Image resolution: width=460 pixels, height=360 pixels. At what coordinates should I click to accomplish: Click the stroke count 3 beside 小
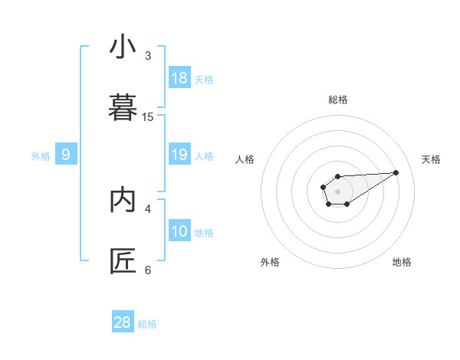[x=148, y=56]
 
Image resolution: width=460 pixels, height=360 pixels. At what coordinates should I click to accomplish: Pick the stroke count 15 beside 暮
[x=148, y=117]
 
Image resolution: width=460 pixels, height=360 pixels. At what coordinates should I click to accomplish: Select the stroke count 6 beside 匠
[x=148, y=270]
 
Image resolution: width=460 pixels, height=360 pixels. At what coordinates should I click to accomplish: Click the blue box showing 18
[x=179, y=78]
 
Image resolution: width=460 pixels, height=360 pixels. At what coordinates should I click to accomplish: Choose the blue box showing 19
[x=179, y=155]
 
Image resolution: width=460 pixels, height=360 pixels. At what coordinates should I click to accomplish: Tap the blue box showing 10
[x=179, y=231]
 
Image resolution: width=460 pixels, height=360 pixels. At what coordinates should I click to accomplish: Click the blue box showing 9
[x=66, y=155]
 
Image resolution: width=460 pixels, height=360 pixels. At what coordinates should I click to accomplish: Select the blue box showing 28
[x=123, y=322]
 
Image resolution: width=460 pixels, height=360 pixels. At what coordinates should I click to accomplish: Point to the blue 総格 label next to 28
[x=147, y=324]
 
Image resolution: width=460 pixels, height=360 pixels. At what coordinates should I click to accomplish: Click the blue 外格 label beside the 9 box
[x=41, y=156]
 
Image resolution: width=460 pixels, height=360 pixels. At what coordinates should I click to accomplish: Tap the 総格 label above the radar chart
[x=338, y=100]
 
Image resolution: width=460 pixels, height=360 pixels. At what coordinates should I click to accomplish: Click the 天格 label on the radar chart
[x=432, y=159]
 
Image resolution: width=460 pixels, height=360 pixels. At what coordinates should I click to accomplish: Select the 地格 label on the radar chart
[x=402, y=262]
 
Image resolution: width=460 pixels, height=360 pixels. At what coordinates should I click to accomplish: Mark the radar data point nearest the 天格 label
[x=396, y=172]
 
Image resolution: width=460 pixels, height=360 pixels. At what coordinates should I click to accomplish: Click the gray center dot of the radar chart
[x=338, y=191]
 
